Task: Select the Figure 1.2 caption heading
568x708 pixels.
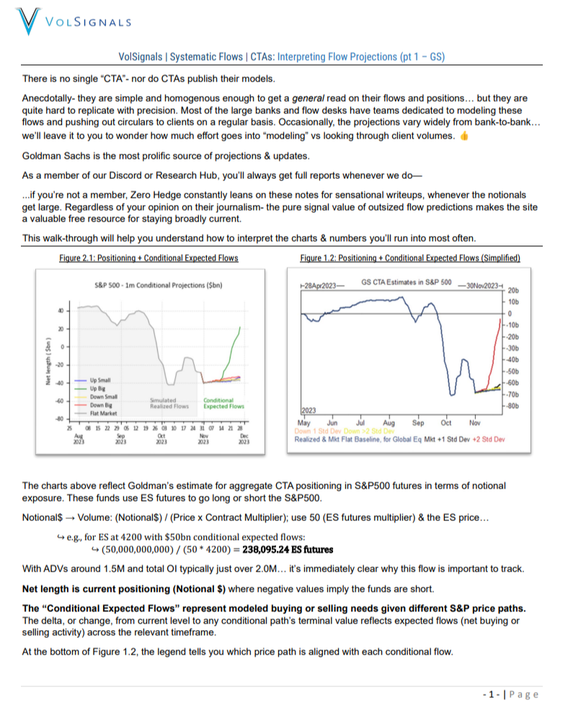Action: point(410,258)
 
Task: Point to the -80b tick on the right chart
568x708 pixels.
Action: point(513,406)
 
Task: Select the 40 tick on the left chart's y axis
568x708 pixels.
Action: point(61,311)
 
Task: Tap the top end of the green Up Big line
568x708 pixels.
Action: point(241,326)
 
